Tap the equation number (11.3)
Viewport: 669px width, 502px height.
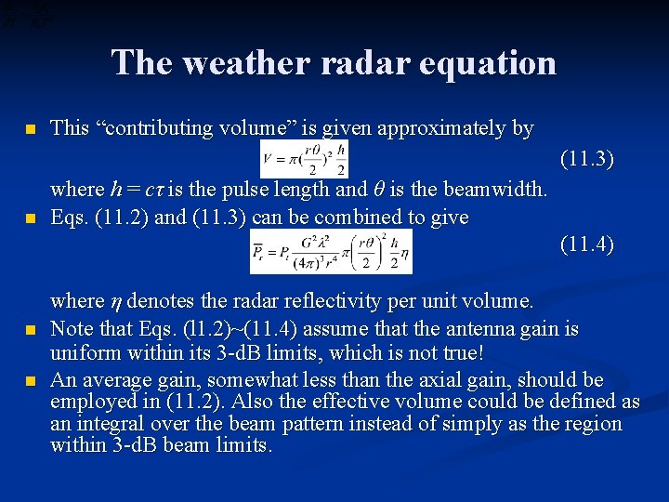[x=586, y=159]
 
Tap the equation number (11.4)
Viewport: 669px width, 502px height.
[x=586, y=244]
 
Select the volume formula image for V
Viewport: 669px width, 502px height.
[x=304, y=158]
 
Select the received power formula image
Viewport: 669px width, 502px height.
[x=330, y=251]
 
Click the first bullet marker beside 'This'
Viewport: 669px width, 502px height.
[x=32, y=129]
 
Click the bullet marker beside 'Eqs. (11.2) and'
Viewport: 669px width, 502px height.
[x=32, y=219]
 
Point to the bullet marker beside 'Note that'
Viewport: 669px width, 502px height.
[x=32, y=330]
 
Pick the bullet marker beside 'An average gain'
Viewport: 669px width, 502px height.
[x=32, y=381]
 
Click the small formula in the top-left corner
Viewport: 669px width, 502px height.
[x=26, y=15]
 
